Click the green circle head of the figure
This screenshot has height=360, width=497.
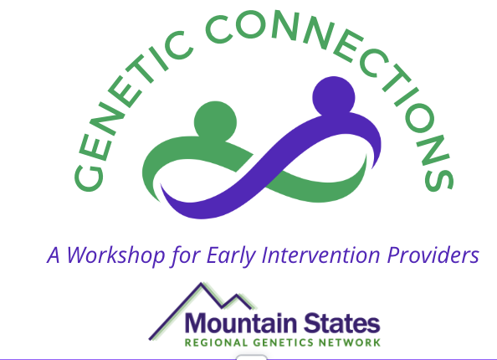click(x=215, y=122)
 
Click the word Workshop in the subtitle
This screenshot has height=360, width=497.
click(x=116, y=255)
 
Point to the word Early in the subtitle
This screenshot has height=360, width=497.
click(x=231, y=255)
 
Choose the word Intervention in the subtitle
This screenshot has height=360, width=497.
click(x=320, y=255)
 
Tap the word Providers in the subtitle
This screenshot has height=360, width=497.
click(x=433, y=255)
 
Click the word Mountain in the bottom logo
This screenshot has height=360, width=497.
click(x=241, y=323)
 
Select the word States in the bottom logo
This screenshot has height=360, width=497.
click(x=341, y=323)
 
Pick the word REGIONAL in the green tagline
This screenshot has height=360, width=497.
click(x=216, y=342)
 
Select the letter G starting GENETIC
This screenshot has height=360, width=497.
click(x=89, y=177)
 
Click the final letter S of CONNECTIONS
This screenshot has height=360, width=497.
click(x=439, y=180)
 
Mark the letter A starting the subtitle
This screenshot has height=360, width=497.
click(x=54, y=255)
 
